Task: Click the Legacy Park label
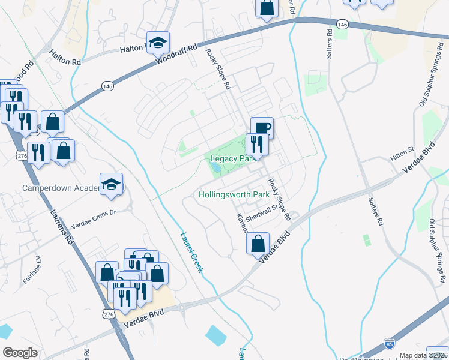pyautogui.click(x=230, y=159)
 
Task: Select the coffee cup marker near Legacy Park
pyautogui.click(x=262, y=128)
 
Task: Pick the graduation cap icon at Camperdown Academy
pyautogui.click(x=112, y=184)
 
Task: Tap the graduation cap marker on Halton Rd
pyautogui.click(x=158, y=43)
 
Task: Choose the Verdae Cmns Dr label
pyautogui.click(x=92, y=217)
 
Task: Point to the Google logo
pyautogui.click(x=20, y=353)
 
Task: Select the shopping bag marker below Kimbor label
pyautogui.click(x=258, y=243)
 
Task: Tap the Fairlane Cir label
pyautogui.click(x=35, y=268)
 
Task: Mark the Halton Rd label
pyautogui.click(x=65, y=58)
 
